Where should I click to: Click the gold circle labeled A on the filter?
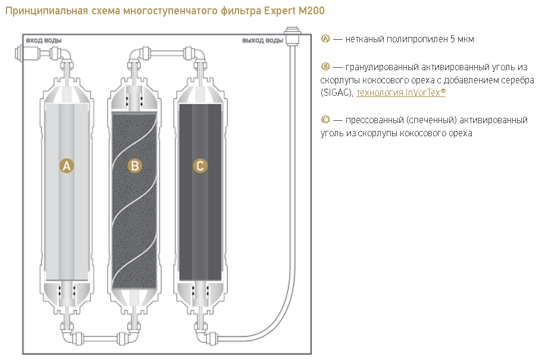67,165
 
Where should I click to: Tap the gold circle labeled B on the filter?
135,165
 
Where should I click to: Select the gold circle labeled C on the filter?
200,165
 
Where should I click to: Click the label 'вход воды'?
44,40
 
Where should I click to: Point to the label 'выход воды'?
262,40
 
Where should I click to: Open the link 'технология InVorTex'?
401,93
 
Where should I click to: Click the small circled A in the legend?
325,39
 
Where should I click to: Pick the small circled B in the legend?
325,67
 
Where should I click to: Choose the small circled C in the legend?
325,120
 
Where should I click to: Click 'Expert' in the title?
279,11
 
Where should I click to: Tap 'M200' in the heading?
311,11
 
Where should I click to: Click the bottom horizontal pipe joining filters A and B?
101,338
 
